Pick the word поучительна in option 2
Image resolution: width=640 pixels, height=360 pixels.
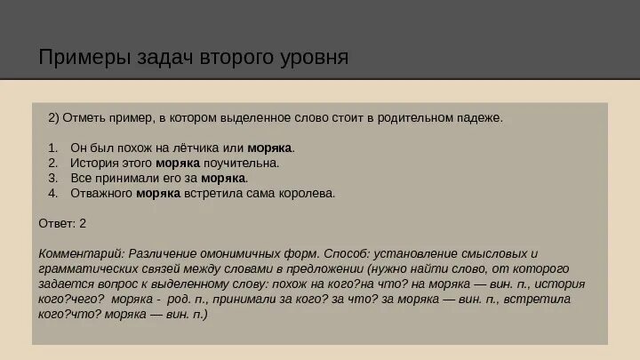click(240, 163)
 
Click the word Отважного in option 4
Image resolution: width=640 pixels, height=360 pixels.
click(102, 193)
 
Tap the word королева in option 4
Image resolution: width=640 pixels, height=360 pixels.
click(308, 193)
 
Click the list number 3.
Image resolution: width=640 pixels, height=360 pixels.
click(52, 178)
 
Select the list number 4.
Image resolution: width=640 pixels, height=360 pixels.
click(52, 193)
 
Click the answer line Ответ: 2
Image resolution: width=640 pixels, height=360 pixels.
click(63, 222)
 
